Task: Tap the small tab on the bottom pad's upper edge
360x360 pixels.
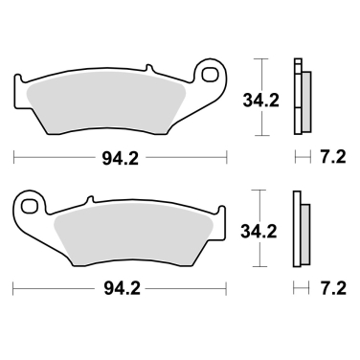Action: [x=93, y=200]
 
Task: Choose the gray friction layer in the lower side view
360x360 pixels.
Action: [x=304, y=234]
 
